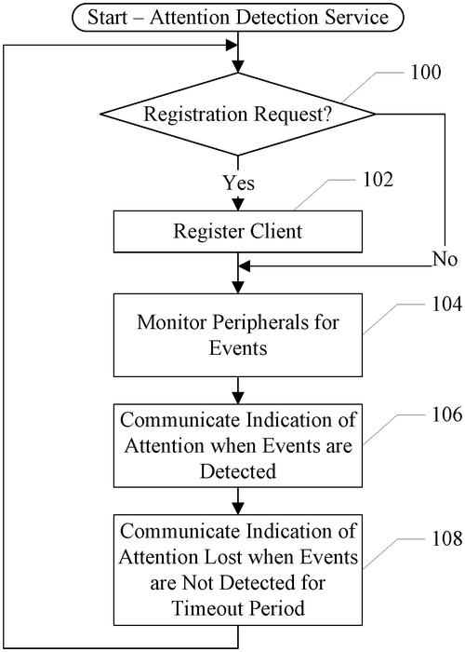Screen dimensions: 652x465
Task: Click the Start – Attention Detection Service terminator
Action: pyautogui.click(x=238, y=16)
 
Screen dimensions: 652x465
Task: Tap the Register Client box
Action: pyautogui.click(x=238, y=232)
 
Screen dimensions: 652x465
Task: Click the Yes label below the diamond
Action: pyautogui.click(x=238, y=182)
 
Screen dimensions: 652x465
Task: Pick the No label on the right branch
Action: pyautogui.click(x=445, y=258)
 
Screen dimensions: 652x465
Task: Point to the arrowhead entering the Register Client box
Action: pyautogui.click(x=238, y=204)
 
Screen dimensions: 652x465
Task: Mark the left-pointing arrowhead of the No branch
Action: pyautogui.click(x=246, y=267)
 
